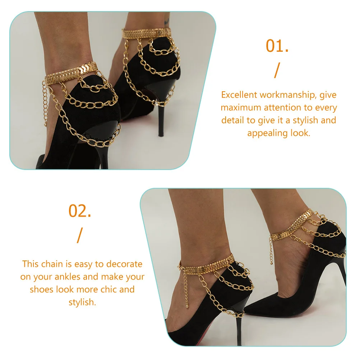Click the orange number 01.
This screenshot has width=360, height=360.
point(277,46)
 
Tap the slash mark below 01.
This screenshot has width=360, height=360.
point(276,70)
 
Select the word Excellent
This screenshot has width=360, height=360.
point(239,95)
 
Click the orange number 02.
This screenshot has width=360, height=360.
point(80,211)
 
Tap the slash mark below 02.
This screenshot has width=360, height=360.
point(79,235)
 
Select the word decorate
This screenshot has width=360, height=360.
point(124,264)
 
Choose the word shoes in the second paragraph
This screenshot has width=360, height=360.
point(42,290)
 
